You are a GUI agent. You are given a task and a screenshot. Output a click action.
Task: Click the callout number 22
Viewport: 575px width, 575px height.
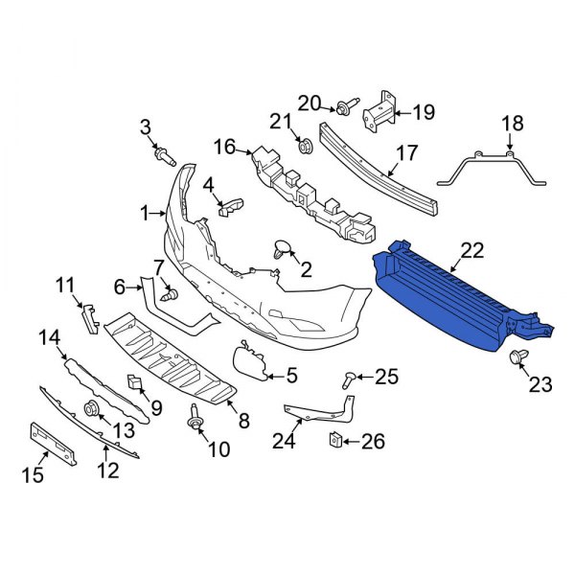pos(471,250)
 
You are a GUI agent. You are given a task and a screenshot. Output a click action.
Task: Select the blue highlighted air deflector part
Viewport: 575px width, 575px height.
pos(450,297)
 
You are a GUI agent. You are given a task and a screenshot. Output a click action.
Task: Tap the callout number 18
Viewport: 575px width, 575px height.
pos(513,123)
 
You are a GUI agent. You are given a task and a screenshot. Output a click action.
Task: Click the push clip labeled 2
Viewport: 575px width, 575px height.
pos(284,250)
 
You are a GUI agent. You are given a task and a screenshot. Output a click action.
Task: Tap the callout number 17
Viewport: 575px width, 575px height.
pos(406,151)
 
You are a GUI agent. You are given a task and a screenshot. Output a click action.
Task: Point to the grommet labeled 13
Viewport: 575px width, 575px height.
pos(94,410)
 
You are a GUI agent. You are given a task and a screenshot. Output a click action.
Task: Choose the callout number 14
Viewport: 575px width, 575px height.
pos(48,336)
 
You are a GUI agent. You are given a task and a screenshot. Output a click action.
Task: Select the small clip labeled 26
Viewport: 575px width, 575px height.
pos(336,440)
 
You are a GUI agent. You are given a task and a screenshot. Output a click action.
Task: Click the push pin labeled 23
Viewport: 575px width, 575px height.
pos(518,357)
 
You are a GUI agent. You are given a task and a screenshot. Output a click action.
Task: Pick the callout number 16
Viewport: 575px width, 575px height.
pos(223,147)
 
